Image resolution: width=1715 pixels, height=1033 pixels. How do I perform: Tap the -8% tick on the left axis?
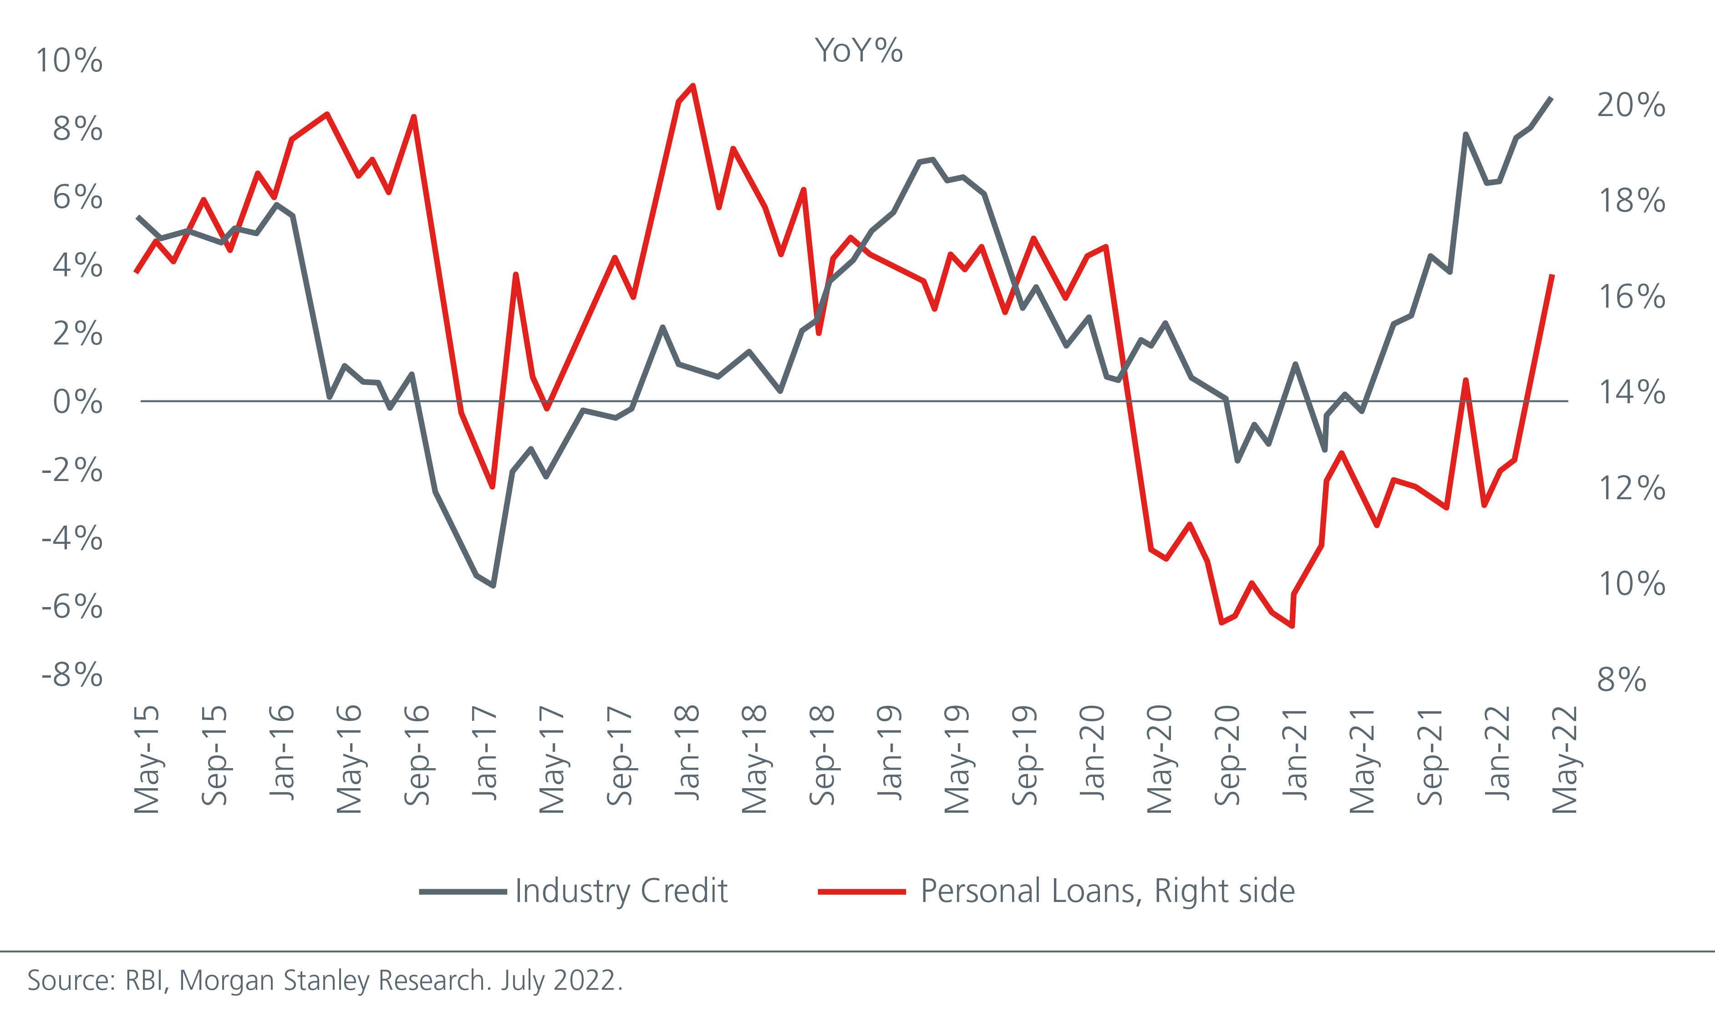click(71, 675)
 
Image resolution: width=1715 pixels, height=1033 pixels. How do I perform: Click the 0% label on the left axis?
click(77, 402)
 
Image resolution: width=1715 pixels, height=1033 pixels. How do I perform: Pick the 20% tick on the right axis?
click(1631, 105)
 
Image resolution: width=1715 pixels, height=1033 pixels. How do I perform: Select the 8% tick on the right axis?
click(1622, 679)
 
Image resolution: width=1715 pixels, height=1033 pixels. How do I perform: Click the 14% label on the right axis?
click(1631, 393)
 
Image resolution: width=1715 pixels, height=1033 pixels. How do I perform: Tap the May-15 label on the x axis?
click(147, 759)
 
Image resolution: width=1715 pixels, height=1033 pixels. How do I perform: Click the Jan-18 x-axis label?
click(687, 753)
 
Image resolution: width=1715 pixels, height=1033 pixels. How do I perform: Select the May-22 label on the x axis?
click(1565, 759)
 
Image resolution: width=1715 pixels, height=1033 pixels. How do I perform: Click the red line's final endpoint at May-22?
click(1552, 275)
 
